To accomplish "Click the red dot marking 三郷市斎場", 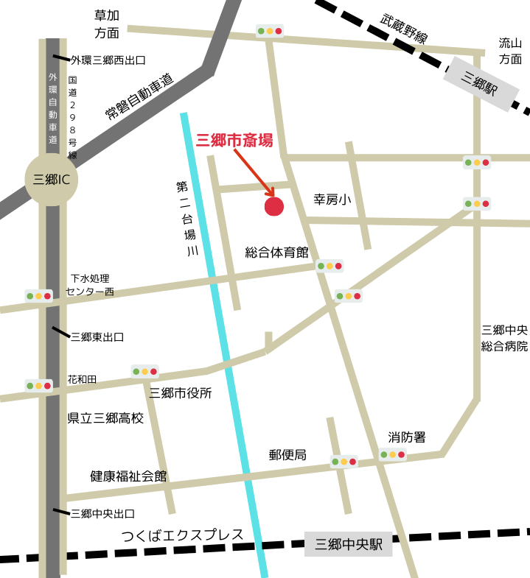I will click(x=274, y=206).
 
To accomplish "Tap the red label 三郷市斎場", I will click(x=234, y=140).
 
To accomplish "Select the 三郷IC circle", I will click(x=52, y=179).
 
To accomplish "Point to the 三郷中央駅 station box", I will click(x=349, y=545).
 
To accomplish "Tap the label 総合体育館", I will click(x=276, y=253).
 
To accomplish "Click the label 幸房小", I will click(x=332, y=200).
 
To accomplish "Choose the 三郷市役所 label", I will click(x=181, y=393).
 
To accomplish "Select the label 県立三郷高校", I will click(x=105, y=418).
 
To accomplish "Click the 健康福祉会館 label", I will click(x=128, y=476).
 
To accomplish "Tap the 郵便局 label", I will click(x=287, y=455).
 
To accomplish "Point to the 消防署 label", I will click(x=407, y=437).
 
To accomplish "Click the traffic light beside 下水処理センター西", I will click(x=38, y=296).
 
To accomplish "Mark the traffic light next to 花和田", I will click(x=38, y=385).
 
